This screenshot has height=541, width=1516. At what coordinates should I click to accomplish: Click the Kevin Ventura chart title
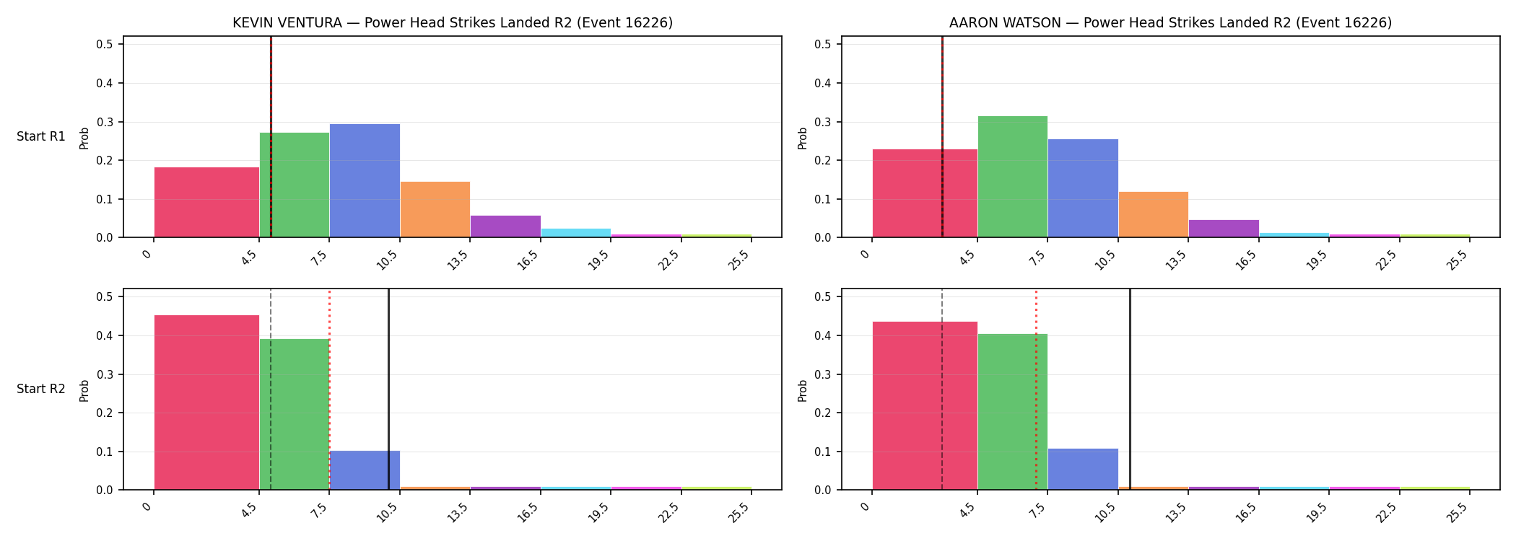[453, 23]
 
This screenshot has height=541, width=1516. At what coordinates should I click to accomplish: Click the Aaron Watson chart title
[1170, 23]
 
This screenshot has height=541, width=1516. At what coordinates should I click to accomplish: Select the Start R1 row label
[41, 136]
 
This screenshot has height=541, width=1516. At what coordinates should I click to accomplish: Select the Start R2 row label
[41, 389]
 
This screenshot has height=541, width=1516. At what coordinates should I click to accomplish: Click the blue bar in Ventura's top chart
[365, 180]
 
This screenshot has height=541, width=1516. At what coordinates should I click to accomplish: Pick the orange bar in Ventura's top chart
[435, 209]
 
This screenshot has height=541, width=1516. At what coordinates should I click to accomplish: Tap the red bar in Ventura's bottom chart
[206, 403]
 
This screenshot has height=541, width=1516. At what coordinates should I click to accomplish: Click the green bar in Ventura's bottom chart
[295, 414]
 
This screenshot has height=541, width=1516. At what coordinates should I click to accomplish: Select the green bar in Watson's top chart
[1012, 177]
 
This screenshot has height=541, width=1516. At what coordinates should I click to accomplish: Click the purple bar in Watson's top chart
[1224, 229]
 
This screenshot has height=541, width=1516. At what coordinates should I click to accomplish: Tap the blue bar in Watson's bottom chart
[1083, 469]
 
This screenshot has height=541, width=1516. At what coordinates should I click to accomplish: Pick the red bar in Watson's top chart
[925, 193]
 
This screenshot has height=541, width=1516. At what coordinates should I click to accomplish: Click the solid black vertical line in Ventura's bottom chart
[388, 390]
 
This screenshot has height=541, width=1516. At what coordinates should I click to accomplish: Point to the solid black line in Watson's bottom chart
[1130, 390]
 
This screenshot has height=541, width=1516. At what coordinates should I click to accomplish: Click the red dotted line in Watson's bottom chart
[1036, 390]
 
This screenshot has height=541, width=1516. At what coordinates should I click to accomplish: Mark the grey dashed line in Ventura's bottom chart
[271, 390]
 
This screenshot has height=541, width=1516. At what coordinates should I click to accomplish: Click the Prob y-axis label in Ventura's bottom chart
[84, 390]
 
